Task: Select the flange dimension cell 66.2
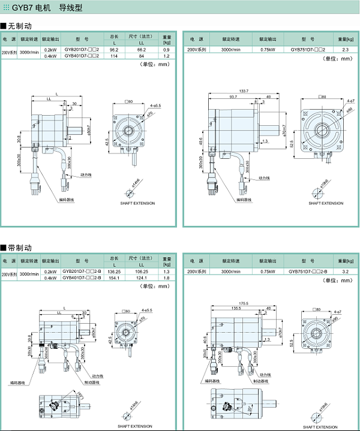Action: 142,50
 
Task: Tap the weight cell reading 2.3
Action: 345,50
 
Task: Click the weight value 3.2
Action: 345,272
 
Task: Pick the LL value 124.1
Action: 142,278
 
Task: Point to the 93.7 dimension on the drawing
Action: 232,97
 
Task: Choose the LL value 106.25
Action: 142,272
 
